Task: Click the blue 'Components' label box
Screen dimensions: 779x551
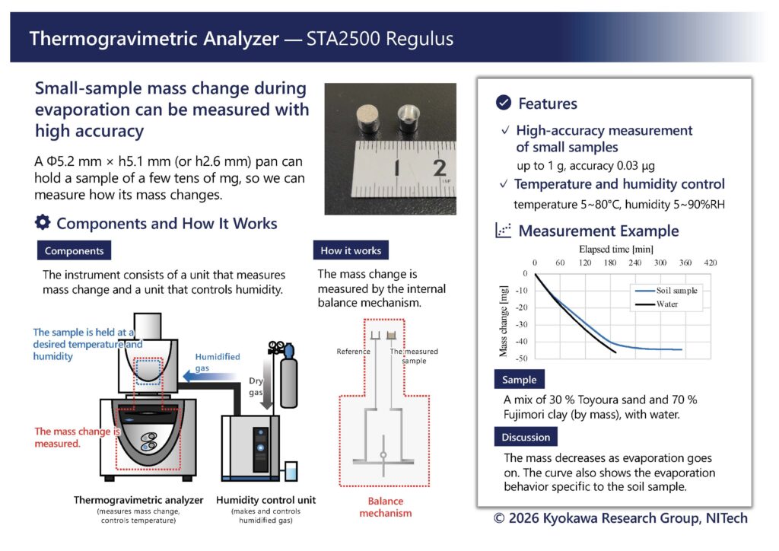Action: pos(74,250)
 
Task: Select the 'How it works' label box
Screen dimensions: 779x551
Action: pos(351,250)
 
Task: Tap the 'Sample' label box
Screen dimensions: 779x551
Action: pos(519,379)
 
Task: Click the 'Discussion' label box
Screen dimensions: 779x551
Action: pos(526,437)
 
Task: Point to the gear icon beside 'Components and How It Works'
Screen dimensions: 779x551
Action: pos(43,222)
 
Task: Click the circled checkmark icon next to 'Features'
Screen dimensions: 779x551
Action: pos(504,102)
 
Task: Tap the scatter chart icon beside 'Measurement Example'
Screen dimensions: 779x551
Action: pos(504,230)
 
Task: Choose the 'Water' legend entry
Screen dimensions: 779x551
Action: pos(657,304)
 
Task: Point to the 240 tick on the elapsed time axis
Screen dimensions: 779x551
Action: pos(635,263)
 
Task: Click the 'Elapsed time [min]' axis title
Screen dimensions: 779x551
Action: pos(616,249)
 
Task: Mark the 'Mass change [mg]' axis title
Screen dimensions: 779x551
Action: pos(504,321)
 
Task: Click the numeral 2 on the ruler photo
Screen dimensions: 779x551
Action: pos(439,168)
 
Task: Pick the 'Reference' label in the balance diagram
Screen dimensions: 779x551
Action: pos(353,352)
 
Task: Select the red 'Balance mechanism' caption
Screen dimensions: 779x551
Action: pos(386,507)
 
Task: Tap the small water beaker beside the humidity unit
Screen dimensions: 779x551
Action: pos(291,470)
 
